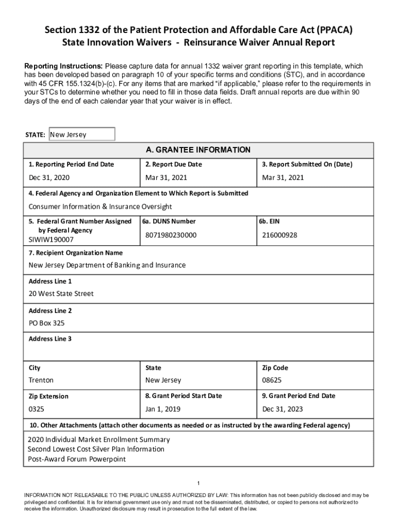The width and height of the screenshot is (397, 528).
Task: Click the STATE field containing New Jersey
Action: tap(81, 135)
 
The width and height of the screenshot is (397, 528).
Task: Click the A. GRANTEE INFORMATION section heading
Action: tap(198, 150)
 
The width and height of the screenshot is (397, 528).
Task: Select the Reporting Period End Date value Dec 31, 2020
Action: tap(49, 178)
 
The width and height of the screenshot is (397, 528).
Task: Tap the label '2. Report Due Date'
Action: tap(174, 164)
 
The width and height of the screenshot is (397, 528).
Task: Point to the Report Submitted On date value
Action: tap(283, 178)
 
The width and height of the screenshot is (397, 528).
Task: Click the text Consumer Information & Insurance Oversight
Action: tap(100, 207)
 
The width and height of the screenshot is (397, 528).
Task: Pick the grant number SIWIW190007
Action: tap(51, 240)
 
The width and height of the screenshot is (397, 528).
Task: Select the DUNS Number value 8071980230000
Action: tap(171, 235)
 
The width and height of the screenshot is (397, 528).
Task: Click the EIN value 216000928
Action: tap(279, 235)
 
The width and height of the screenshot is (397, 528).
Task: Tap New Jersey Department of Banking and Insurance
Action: tap(107, 265)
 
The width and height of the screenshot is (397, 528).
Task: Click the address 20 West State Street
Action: tap(61, 293)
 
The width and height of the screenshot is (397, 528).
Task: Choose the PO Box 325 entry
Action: tap(46, 323)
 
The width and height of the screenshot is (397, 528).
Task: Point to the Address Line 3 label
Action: tap(50, 339)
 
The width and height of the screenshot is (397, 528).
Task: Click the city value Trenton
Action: tap(41, 381)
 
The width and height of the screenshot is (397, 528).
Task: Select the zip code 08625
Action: tap(272, 381)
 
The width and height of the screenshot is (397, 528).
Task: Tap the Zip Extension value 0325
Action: tap(36, 409)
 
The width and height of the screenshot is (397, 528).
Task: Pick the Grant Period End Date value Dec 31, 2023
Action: tap(283, 409)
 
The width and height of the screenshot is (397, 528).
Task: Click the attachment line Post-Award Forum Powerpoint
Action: tap(76, 459)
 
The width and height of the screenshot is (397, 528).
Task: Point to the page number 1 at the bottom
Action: tap(198, 483)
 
